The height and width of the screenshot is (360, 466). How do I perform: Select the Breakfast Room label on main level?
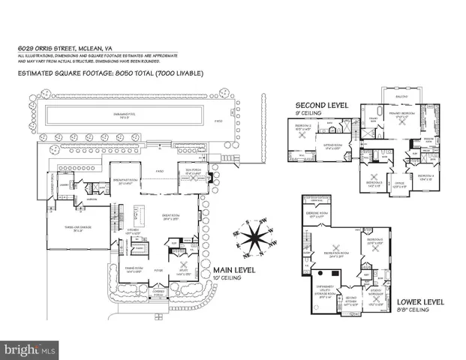click(x=125, y=181)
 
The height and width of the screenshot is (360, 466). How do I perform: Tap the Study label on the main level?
click(x=182, y=274)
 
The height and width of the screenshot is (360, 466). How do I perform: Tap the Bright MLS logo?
click(x=30, y=349)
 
